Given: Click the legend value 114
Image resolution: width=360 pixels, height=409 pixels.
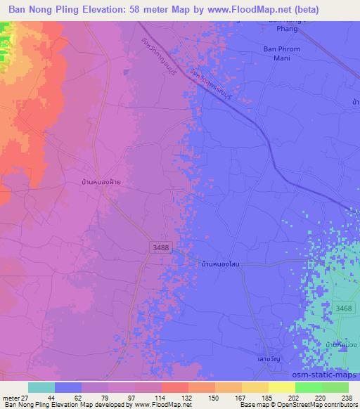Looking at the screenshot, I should (x=160, y=397).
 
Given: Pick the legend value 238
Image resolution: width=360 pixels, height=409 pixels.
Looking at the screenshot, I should (x=346, y=397).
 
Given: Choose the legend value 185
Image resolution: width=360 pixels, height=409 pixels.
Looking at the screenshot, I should (x=266, y=397).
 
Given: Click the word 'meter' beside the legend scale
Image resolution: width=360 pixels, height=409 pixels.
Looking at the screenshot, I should (x=11, y=397).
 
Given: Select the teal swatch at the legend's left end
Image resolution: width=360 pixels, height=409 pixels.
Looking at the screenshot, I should (x=41, y=387).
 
